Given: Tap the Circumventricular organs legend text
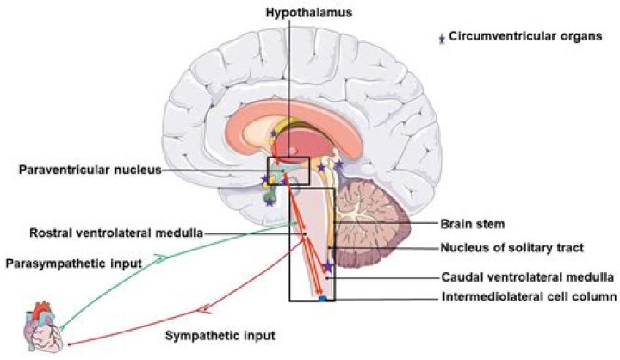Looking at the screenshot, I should pos(514,38).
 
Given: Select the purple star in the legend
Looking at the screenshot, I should pos(442,39).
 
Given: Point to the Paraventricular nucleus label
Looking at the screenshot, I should pos(90,170).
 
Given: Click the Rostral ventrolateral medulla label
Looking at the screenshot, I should pos(116,233).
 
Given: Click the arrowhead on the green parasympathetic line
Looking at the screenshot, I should pos(160,257).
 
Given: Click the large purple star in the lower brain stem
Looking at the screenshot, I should pos(327,267).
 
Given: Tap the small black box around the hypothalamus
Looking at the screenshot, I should pos(288,171).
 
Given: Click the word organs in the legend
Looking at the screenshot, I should pos(561,38).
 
